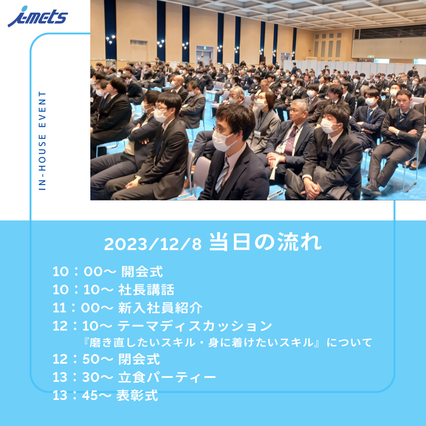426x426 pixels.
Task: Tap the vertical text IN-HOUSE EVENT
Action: coord(42,140)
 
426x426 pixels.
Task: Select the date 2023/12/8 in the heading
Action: coord(153,244)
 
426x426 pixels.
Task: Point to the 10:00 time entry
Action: coord(84,271)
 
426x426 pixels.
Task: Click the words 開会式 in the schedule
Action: coord(142,271)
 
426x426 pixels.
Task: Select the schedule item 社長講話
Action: coord(146,290)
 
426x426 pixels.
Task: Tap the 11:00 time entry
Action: coord(83,308)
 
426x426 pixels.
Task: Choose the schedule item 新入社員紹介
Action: coord(160,308)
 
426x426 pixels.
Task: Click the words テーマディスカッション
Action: coord(195,326)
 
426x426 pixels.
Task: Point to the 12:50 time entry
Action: coord(83,359)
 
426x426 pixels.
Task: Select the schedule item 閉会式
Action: coord(139,359)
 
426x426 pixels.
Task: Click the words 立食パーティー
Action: coord(167,377)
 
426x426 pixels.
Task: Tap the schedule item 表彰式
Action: coord(137,396)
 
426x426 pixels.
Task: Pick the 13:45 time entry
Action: coord(82,396)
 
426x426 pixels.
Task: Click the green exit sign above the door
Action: coord(202,48)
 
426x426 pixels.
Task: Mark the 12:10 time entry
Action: coord(82,326)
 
